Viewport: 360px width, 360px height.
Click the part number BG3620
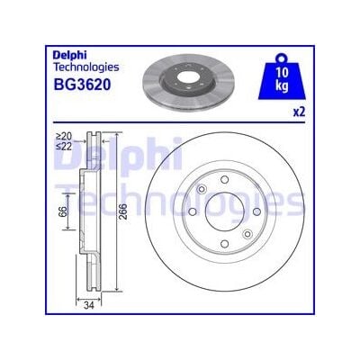point(82,85)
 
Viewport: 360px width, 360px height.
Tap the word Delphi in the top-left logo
point(70,56)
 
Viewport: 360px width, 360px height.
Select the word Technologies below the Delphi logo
point(85,67)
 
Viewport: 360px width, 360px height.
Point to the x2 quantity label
point(299,112)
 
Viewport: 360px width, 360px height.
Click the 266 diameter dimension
point(122,211)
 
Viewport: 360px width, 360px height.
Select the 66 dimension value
point(62,211)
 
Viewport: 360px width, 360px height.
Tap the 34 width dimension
point(89,305)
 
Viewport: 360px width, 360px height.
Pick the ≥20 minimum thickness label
point(64,136)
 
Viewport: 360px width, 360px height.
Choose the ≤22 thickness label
point(64,146)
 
